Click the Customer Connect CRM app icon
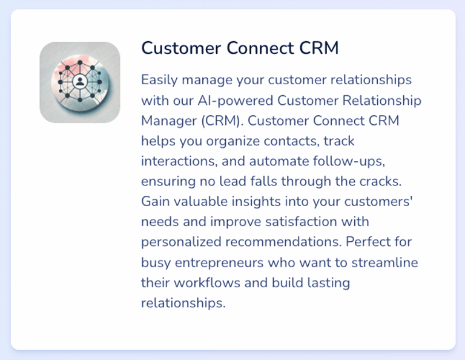80,82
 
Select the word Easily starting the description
158,80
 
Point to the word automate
275,161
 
